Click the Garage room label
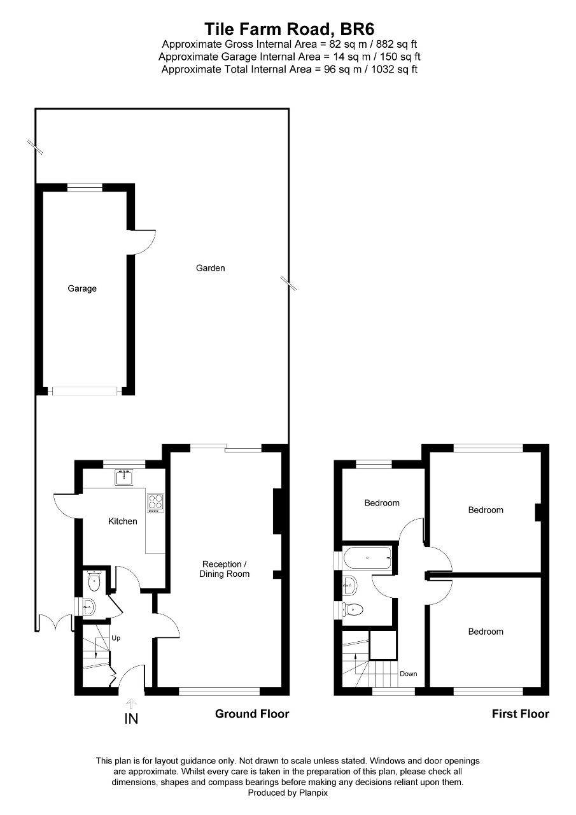click(x=82, y=288)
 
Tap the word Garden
click(x=210, y=268)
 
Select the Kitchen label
click(x=122, y=521)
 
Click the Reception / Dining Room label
click(x=226, y=569)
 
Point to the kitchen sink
click(x=122, y=476)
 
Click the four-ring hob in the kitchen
click(x=155, y=502)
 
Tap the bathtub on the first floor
click(x=367, y=558)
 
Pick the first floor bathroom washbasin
click(x=349, y=582)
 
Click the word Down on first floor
click(x=409, y=674)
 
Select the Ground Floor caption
click(x=252, y=714)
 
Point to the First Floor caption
click(x=520, y=714)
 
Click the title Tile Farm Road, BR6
click(x=289, y=29)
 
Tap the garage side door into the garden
click(x=143, y=241)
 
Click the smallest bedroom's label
click(x=382, y=503)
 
